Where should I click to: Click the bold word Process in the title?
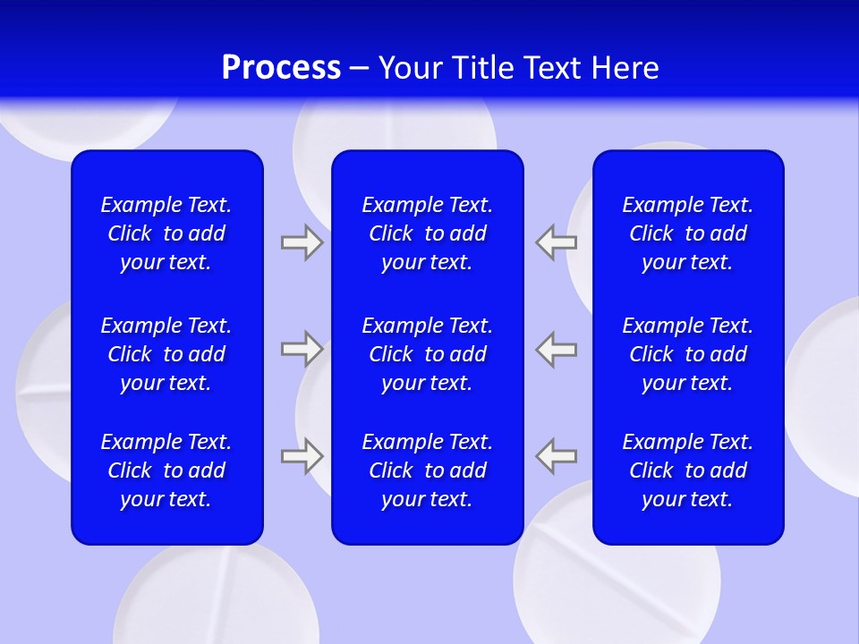pos(281,68)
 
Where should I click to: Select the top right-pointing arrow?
pos(302,242)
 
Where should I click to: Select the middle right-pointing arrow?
pos(302,349)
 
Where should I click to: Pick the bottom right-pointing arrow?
pos(302,456)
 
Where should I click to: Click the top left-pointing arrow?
pos(557,242)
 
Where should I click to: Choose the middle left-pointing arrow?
pos(557,349)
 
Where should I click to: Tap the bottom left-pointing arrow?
pos(557,456)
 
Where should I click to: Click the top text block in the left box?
pos(166,233)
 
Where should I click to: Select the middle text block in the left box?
pos(166,354)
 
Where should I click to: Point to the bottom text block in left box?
pos(166,470)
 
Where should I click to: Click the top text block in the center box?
pos(428,233)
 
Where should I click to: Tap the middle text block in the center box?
pos(428,354)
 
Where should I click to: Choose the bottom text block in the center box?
pos(428,470)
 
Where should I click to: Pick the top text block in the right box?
pos(688,233)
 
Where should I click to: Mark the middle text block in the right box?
pos(688,354)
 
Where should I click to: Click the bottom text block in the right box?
pos(688,470)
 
